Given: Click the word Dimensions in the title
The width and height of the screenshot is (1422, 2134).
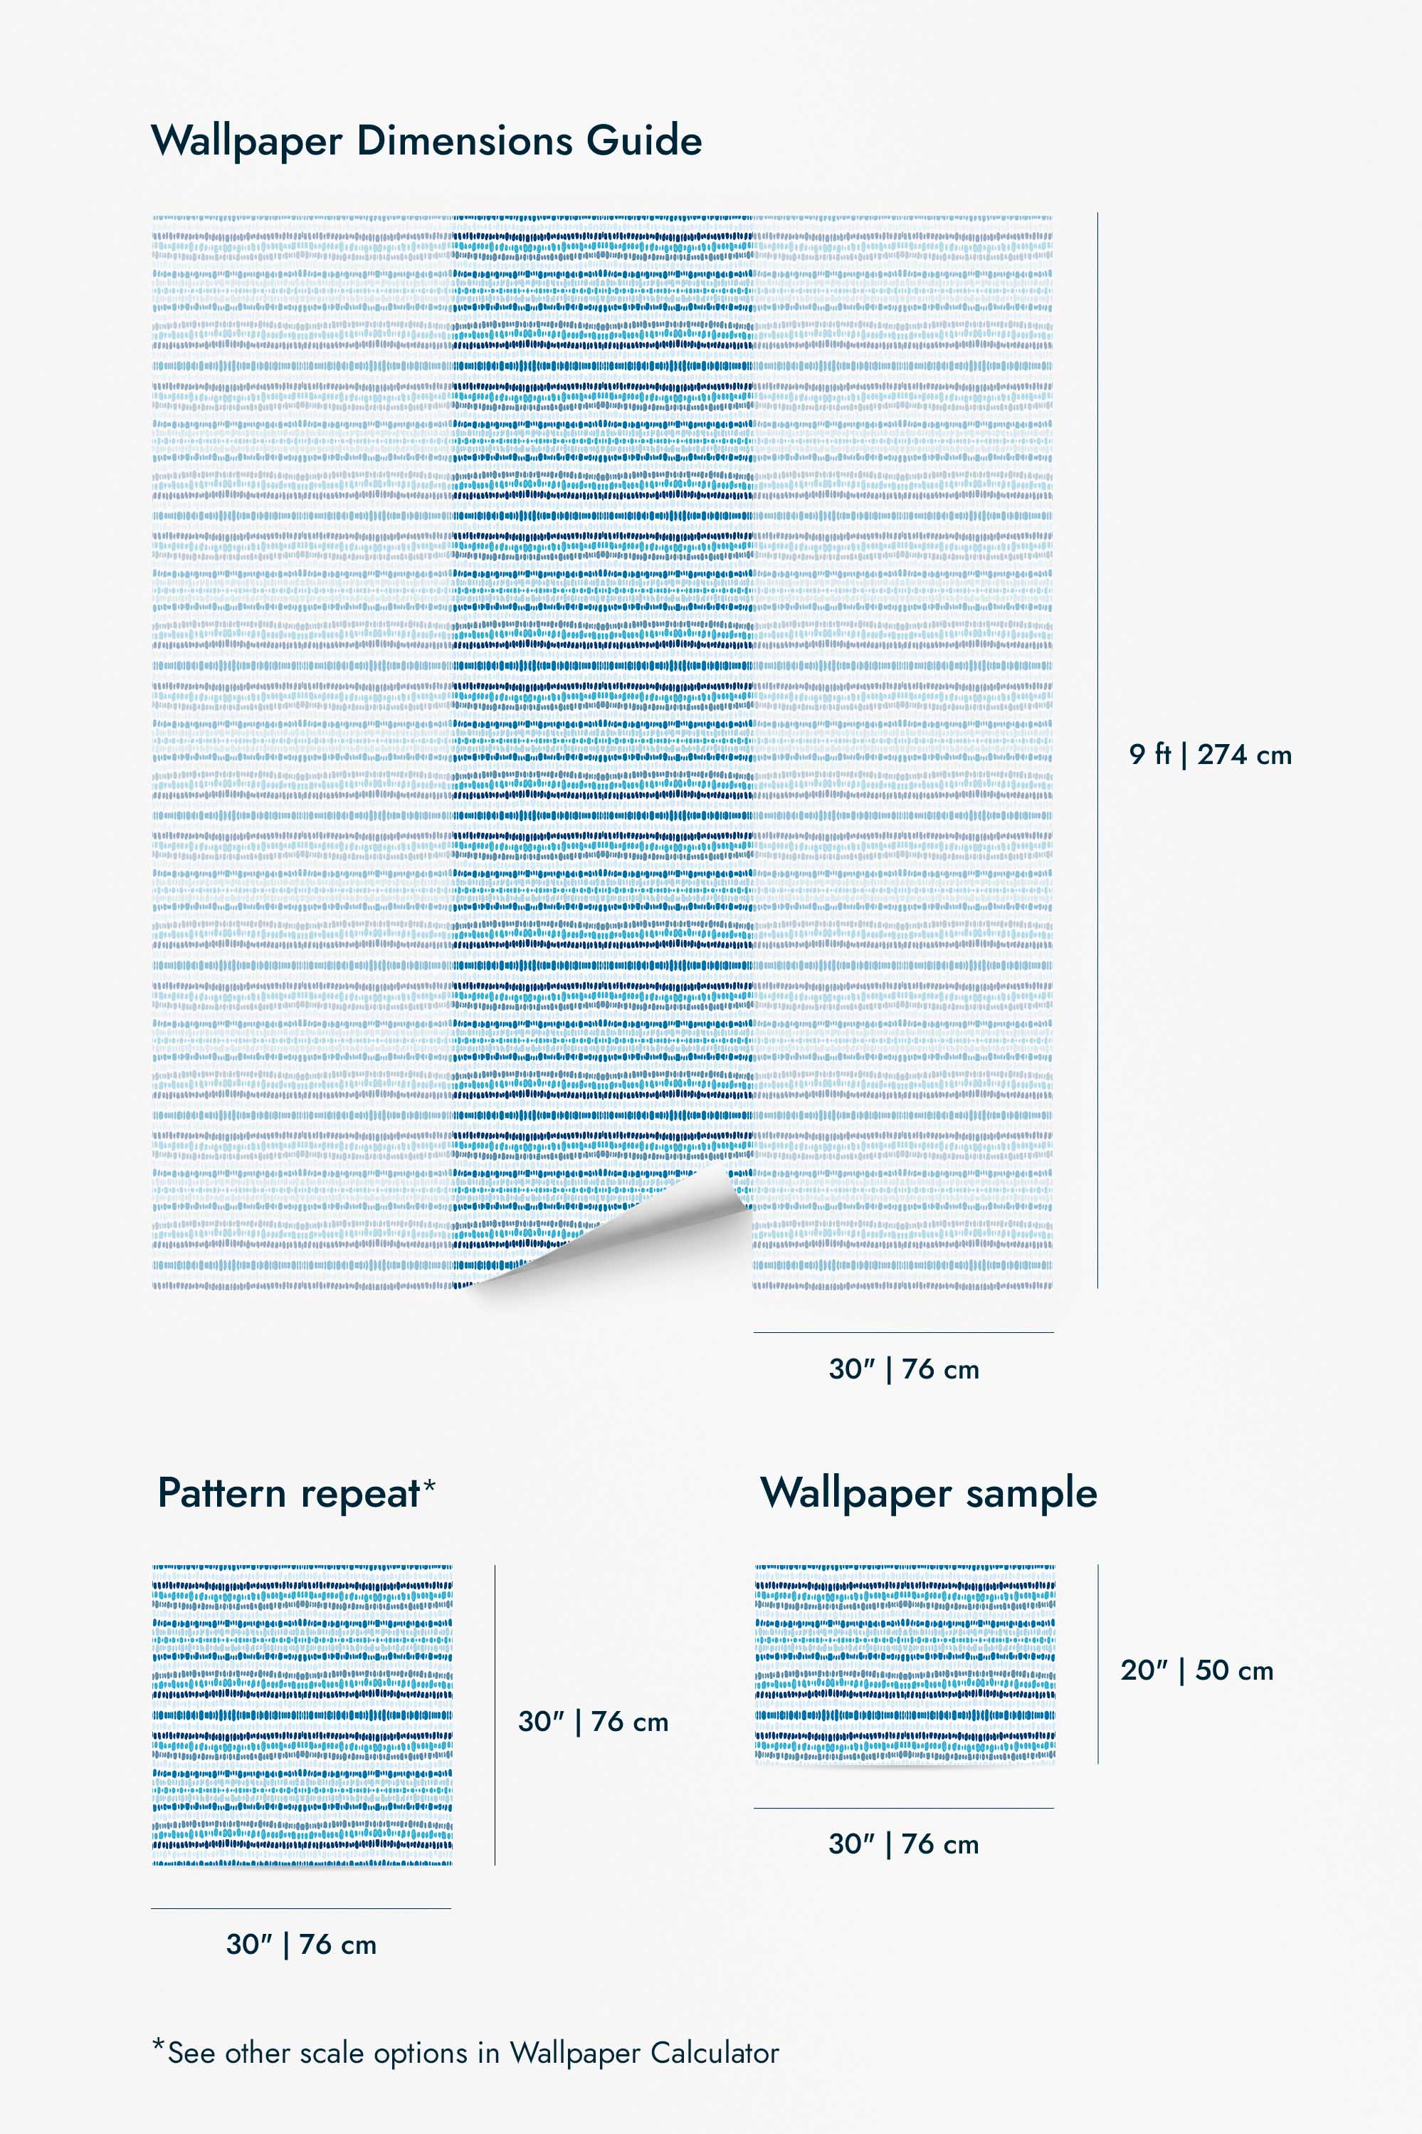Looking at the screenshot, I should coord(464,141).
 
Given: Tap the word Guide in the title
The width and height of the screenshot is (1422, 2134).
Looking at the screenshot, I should coord(644,141).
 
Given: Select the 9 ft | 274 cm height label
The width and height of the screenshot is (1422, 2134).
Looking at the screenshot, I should coord(1210,754).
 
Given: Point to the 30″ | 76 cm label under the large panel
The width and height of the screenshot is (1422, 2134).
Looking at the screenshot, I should coord(903,1369).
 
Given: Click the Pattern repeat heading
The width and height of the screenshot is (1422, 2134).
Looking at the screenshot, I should coord(288,1493).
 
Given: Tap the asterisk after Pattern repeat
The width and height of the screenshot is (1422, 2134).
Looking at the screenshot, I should coord(429,1485).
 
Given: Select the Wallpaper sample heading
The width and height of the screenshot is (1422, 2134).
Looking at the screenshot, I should coord(929,1493).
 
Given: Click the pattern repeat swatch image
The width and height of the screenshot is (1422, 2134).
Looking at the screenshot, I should coord(302,1715).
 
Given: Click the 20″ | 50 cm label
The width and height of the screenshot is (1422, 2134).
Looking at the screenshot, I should coord(1196,1670).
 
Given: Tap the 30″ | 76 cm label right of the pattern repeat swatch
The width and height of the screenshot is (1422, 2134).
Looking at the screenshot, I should coord(593,1721).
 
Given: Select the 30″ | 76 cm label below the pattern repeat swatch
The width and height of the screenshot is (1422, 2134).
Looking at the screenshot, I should coord(301,1945).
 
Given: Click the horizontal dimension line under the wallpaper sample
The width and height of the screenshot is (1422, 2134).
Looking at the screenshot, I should coord(903,1809).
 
